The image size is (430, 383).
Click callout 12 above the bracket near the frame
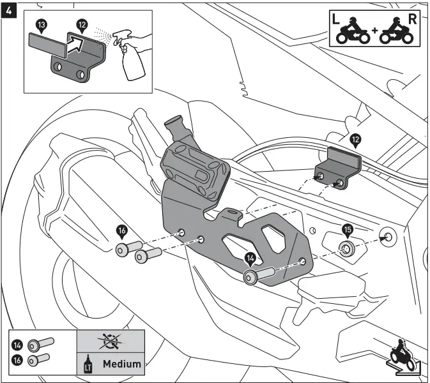[355, 137]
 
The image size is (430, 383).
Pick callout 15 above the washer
[348, 229]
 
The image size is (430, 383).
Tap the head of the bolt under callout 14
[250, 278]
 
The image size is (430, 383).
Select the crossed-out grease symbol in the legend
[111, 342]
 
